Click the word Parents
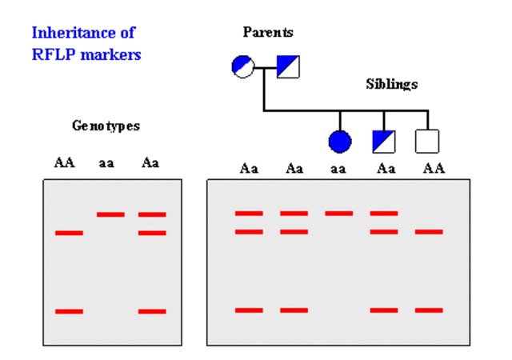[x=268, y=33]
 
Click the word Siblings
[x=391, y=84]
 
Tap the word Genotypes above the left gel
[x=106, y=126]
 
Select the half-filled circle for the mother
[x=243, y=66]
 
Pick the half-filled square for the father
[x=288, y=66]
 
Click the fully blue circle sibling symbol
[x=340, y=142]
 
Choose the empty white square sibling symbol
[x=427, y=142]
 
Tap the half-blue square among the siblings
[x=384, y=142]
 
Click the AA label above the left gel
[x=65, y=162]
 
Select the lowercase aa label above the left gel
[x=106, y=162]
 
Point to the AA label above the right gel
[x=434, y=169]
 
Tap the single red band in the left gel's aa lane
[x=110, y=214]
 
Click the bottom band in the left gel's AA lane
[x=69, y=311]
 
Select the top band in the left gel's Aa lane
[x=152, y=214]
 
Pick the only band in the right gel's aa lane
[x=338, y=214]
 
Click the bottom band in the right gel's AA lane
[x=429, y=310]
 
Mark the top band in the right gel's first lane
[x=249, y=214]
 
